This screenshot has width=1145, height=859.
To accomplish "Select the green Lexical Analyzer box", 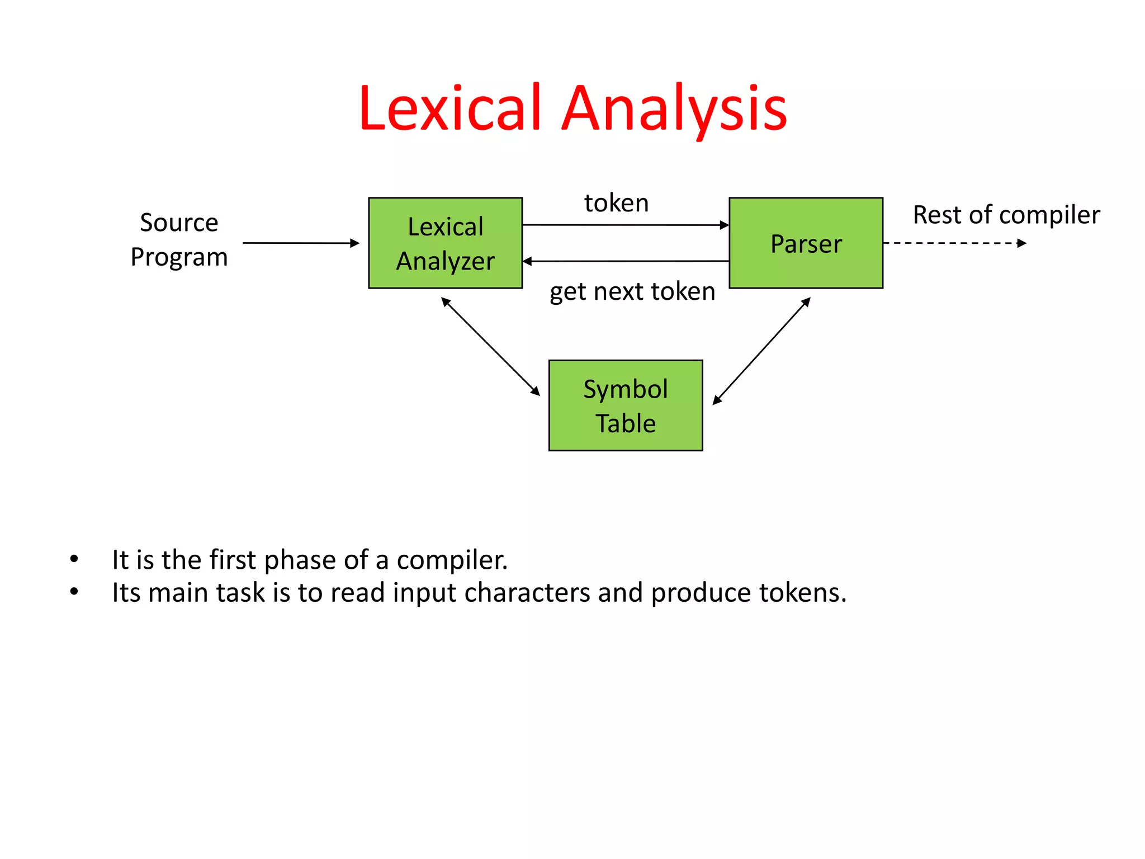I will click(x=445, y=243).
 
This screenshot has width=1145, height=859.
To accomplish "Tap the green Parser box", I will click(x=806, y=243).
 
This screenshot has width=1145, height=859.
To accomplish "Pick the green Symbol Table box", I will click(x=625, y=405).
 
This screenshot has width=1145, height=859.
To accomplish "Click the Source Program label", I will click(x=179, y=239).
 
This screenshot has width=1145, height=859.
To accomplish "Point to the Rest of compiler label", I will click(x=1006, y=215).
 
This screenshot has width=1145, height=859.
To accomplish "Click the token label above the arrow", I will click(x=616, y=202).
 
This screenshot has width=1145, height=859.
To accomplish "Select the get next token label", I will click(x=632, y=291).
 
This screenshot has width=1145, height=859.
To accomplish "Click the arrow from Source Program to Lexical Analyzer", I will click(x=300, y=243).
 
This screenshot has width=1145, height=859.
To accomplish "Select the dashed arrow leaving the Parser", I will click(x=954, y=243).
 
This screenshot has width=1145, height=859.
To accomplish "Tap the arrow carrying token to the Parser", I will click(x=625, y=225).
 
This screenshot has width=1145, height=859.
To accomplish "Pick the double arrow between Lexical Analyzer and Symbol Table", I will click(x=490, y=347).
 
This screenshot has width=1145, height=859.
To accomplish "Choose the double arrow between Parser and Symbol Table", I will click(x=761, y=351).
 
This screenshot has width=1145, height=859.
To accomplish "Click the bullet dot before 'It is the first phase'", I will click(x=74, y=559).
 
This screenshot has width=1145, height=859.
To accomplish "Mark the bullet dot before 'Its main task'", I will click(x=74, y=592).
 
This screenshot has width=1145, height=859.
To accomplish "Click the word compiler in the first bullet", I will click(x=452, y=560).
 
